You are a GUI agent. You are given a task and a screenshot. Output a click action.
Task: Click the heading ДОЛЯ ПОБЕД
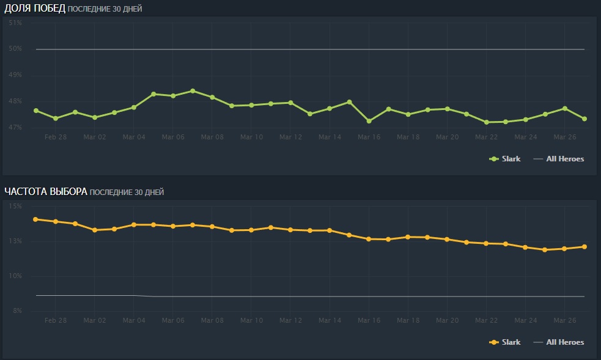click(x=34, y=8)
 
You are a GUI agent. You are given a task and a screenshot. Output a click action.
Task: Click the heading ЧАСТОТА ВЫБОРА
click(x=45, y=191)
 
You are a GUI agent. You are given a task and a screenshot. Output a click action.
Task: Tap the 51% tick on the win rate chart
click(x=15, y=23)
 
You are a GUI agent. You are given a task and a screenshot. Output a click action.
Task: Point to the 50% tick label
click(x=15, y=49)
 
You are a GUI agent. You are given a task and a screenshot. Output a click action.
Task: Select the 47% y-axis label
click(x=15, y=127)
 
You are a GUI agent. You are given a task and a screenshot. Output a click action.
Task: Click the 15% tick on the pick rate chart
click(x=15, y=207)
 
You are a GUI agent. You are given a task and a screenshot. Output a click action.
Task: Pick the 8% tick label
click(x=17, y=311)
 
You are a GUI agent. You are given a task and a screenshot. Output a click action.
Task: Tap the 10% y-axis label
click(x=15, y=276)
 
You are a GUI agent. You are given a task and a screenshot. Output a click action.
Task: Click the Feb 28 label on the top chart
click(x=56, y=137)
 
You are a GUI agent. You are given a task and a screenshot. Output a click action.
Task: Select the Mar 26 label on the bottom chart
click(x=564, y=320)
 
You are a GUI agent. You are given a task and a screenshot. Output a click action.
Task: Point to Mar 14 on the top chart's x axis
click(x=330, y=137)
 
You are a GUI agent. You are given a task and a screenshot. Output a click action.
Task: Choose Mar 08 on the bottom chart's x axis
click(x=212, y=320)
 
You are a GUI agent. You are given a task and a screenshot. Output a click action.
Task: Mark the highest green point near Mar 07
click(x=193, y=91)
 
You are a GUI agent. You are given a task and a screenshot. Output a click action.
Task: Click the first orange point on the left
click(x=36, y=219)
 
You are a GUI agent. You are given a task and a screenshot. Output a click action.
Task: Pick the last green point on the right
click(x=584, y=119)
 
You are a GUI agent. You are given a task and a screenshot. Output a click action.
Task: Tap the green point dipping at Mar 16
click(x=369, y=121)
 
